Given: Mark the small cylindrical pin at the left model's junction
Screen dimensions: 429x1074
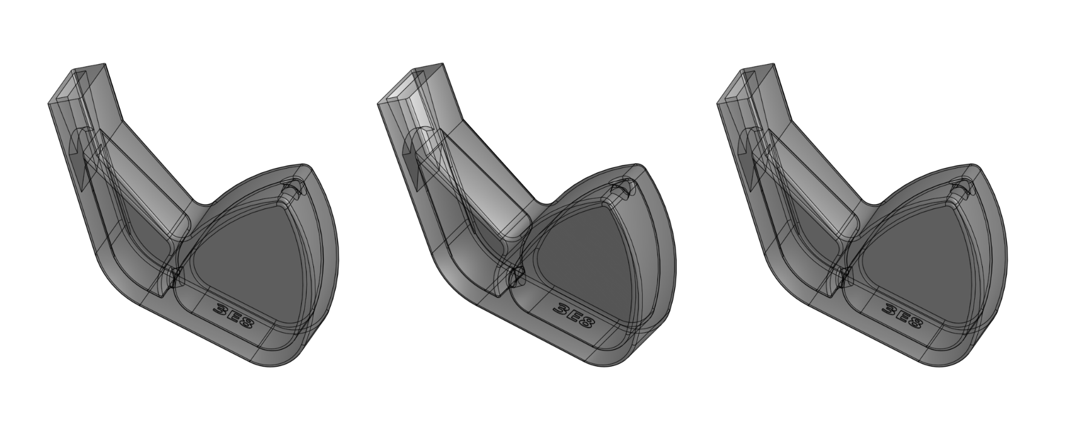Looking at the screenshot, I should point(175,277).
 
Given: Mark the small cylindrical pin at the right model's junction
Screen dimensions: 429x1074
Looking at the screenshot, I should point(845,277).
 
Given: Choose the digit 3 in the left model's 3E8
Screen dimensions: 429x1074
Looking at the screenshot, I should point(220,309).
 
